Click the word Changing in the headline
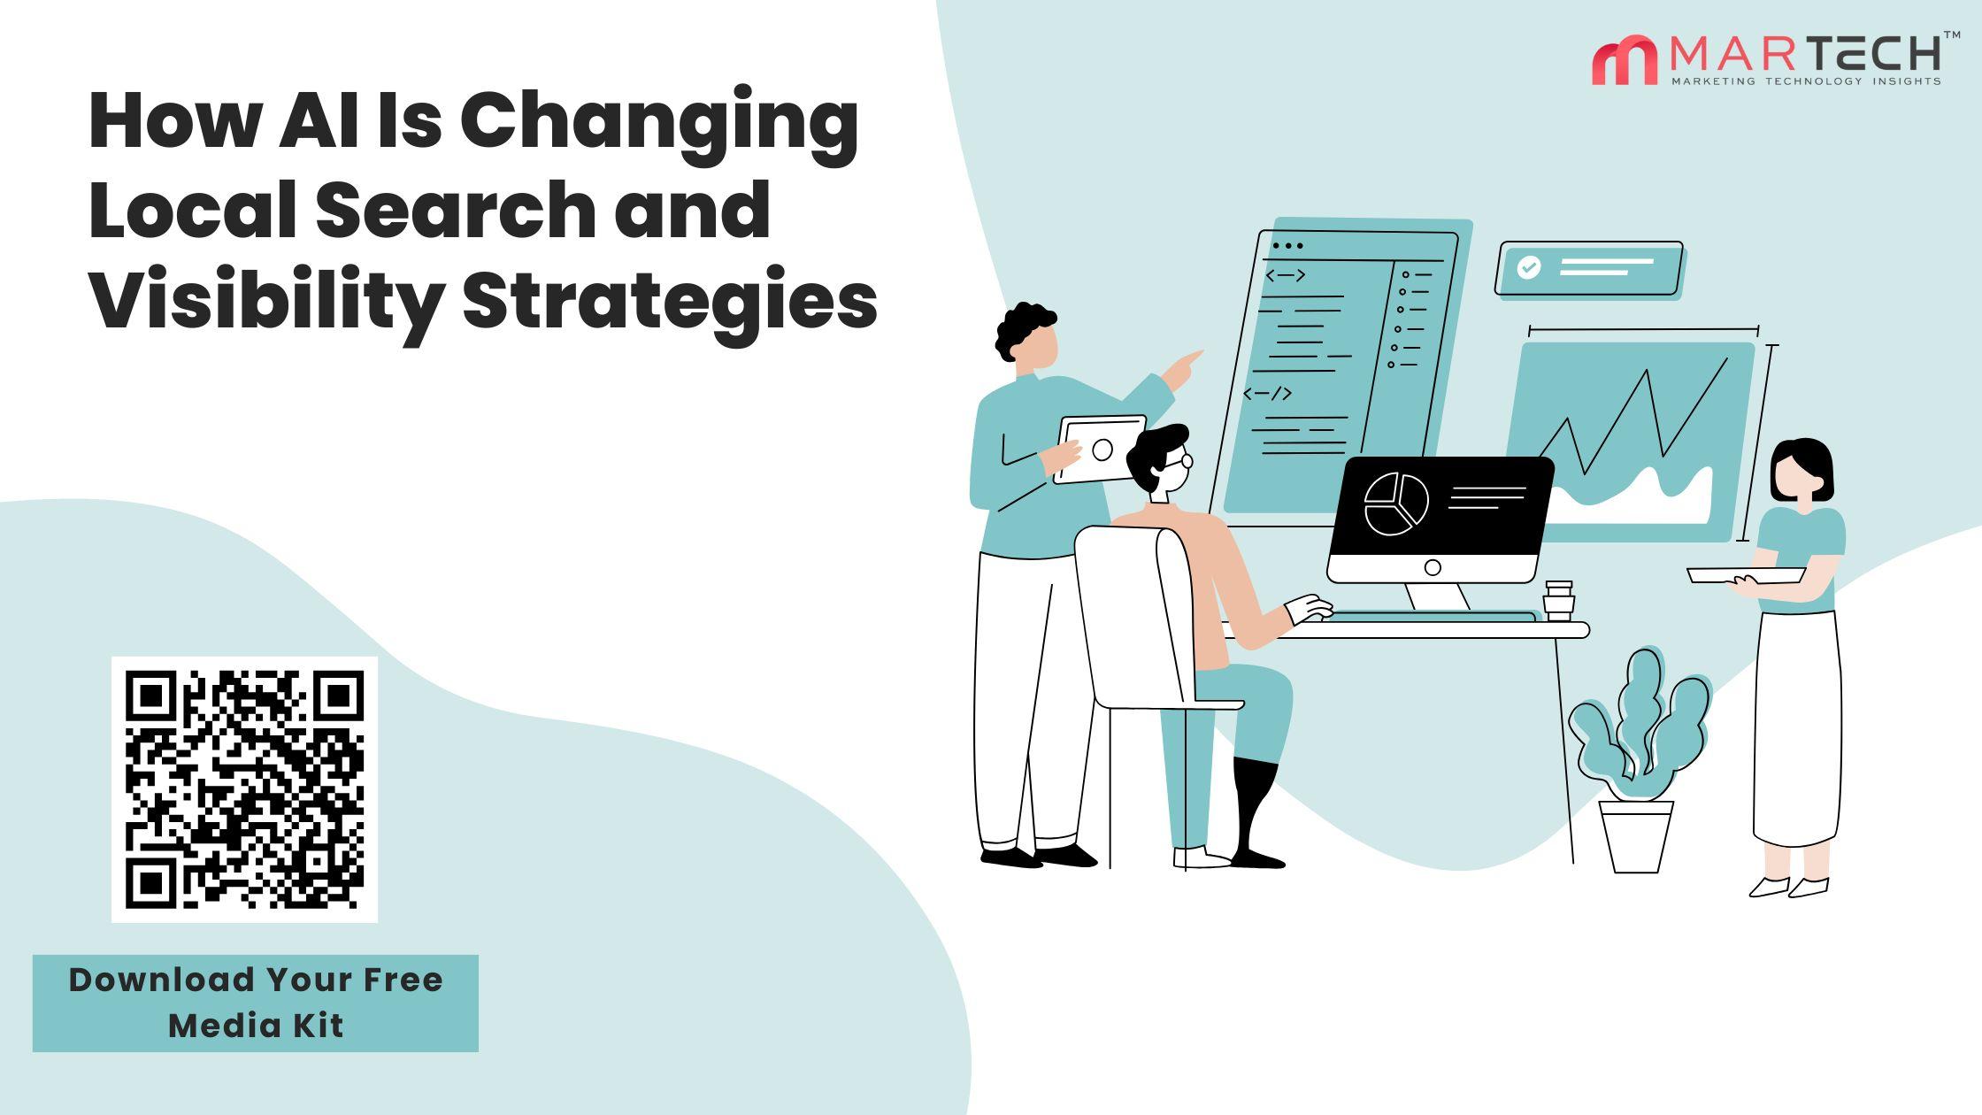click(658, 124)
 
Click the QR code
click(244, 789)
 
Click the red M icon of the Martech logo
click(1625, 60)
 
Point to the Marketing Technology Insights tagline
click(1805, 81)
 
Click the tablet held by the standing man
click(1100, 449)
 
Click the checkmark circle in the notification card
click(1528, 267)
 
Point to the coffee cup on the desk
click(1559, 601)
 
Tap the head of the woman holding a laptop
click(1801, 473)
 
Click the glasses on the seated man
click(1179, 461)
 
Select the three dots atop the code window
click(1287, 246)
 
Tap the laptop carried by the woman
click(1745, 575)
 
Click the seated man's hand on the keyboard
click(1309, 610)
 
